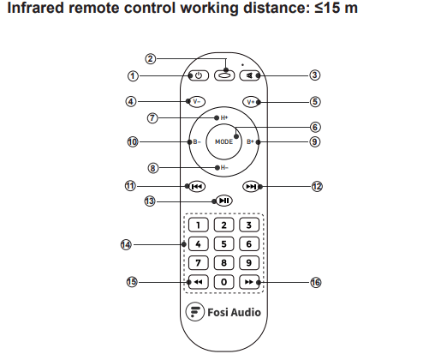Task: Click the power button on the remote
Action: (x=199, y=75)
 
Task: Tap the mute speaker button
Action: (x=249, y=75)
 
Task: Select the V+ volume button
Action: (x=251, y=102)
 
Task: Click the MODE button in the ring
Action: (x=223, y=141)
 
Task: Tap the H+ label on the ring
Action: (x=224, y=117)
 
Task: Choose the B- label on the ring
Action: (x=197, y=141)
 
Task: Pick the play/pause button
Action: (x=224, y=201)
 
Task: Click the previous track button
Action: (x=197, y=187)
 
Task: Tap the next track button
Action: (x=251, y=187)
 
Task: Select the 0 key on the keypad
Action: (x=223, y=282)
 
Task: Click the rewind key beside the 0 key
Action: (x=199, y=282)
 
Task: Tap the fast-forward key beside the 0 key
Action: (x=249, y=282)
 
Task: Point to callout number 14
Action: (x=126, y=245)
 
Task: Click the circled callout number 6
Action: (x=315, y=127)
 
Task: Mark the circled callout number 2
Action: (x=151, y=59)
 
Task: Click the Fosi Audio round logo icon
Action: (x=195, y=311)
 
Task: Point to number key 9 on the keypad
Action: (x=249, y=263)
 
